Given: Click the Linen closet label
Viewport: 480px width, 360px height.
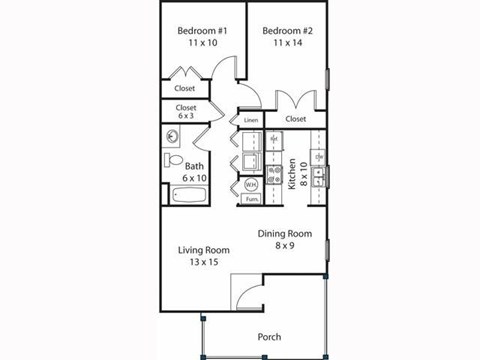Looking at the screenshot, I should click(x=250, y=120).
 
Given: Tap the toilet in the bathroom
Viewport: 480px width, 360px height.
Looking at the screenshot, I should click(x=173, y=162).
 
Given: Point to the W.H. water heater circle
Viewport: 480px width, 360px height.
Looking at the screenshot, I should click(x=251, y=184).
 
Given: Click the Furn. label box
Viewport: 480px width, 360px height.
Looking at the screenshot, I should click(x=251, y=199).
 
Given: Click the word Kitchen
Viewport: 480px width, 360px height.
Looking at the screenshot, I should click(x=291, y=174).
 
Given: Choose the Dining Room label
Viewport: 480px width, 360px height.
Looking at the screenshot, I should click(x=285, y=234).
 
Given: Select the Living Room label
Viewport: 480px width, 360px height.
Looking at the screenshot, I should click(x=204, y=249).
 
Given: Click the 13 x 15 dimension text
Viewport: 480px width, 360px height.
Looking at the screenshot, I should click(x=204, y=262).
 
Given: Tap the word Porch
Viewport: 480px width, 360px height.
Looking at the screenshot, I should click(x=268, y=336).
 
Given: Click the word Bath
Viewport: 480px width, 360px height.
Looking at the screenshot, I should click(x=194, y=166).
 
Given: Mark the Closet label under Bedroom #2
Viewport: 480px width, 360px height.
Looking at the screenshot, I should click(x=295, y=119).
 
